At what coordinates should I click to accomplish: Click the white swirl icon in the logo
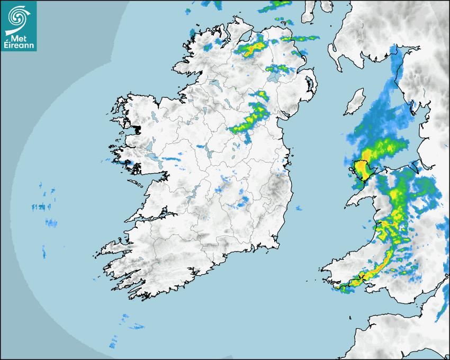(18, 16)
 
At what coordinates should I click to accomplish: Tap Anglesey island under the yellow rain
(362, 169)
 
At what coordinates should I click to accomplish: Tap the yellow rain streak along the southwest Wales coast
(373, 270)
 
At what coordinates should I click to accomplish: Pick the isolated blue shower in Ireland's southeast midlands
(244, 201)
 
